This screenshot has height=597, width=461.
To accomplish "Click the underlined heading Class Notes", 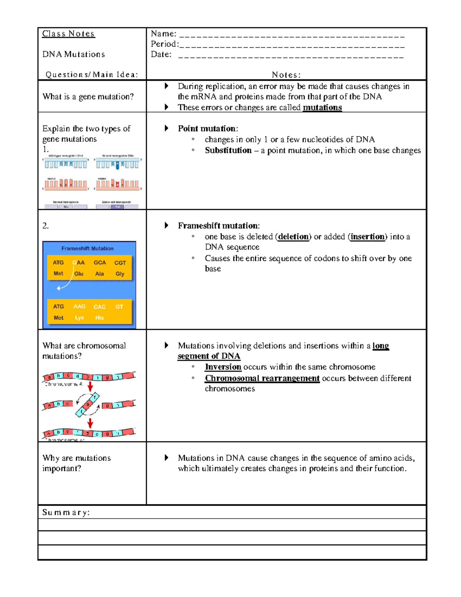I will tap(68, 34).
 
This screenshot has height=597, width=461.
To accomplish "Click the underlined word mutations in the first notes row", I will tap(322, 108).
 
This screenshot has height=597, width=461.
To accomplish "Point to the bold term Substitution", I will tap(228, 150).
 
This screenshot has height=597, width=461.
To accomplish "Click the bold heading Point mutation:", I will tap(207, 129).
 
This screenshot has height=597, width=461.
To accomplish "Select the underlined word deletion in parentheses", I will tap(293, 237).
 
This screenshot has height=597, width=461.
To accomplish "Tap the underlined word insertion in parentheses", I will tap(367, 237).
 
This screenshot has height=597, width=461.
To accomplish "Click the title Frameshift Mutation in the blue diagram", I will tap(88, 249).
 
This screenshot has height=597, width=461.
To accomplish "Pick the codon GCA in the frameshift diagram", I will tap(99, 263).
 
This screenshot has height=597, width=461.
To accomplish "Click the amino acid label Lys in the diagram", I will tap(79, 318).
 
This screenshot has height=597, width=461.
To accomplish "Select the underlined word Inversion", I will tap(223, 367).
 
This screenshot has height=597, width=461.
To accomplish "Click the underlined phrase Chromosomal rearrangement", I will tap(262, 378).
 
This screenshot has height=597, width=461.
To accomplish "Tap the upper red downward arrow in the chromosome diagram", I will tap(90, 387).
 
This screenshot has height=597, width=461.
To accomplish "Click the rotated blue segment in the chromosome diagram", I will tap(88, 405).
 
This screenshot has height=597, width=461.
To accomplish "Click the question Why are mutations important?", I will tap(76, 463).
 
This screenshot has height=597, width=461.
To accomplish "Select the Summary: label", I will tap(66, 512).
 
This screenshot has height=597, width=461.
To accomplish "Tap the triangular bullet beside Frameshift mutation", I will tap(166, 226).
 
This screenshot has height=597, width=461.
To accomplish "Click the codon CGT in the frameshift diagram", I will tap(120, 263).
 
